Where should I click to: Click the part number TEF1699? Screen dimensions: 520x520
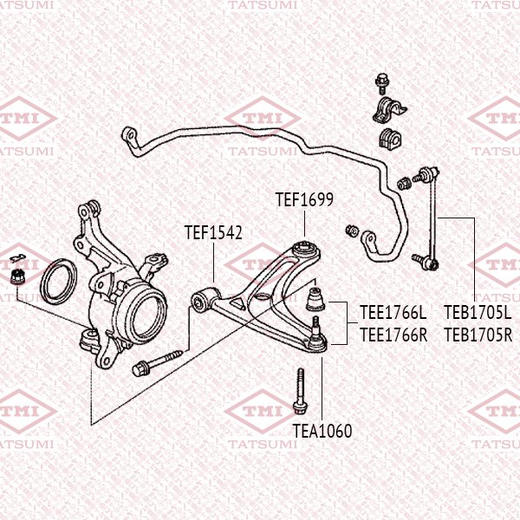(304, 200)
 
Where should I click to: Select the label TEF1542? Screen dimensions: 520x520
(212, 232)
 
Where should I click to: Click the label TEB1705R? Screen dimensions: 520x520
(478, 333)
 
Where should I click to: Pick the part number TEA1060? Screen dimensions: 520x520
(322, 431)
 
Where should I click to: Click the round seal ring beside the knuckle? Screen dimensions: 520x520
(60, 282)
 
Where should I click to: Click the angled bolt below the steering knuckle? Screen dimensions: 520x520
(157, 362)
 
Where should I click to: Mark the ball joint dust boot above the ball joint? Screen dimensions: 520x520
(316, 298)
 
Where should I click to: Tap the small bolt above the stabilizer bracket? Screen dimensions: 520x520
(380, 84)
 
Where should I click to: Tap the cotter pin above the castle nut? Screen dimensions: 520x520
(16, 257)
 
